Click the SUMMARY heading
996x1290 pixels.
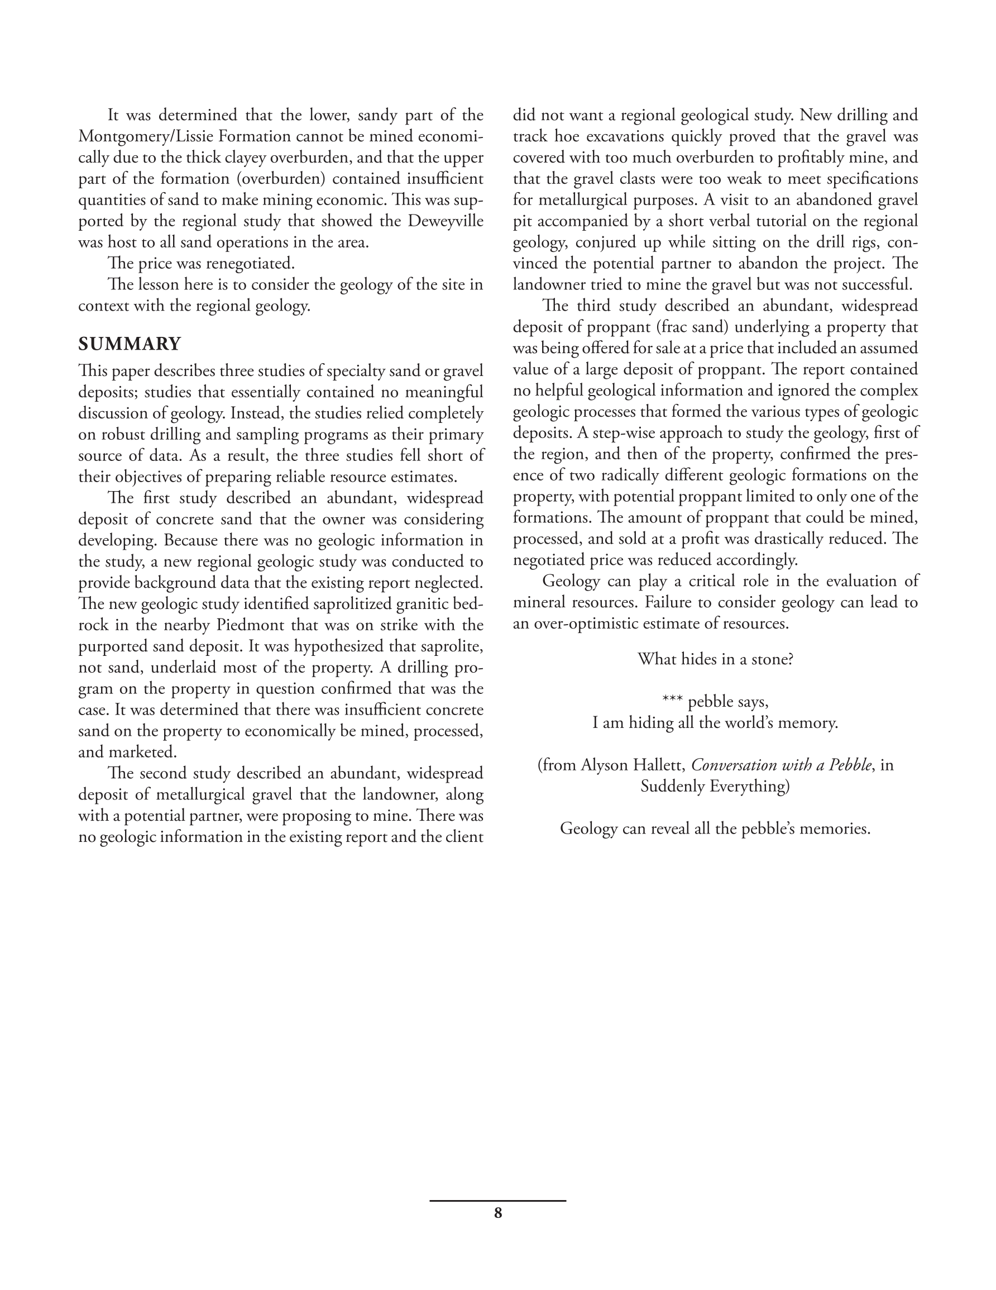(x=130, y=344)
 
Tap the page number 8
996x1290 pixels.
(x=497, y=1213)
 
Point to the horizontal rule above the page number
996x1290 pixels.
(x=497, y=1201)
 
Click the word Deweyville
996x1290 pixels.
(x=445, y=221)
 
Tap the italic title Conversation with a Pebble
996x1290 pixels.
(x=781, y=765)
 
